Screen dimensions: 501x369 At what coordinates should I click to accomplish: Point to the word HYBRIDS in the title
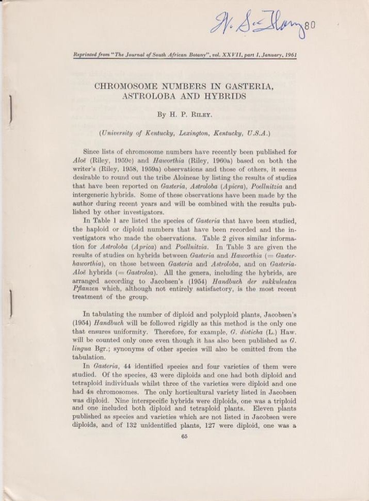tap(224, 96)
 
